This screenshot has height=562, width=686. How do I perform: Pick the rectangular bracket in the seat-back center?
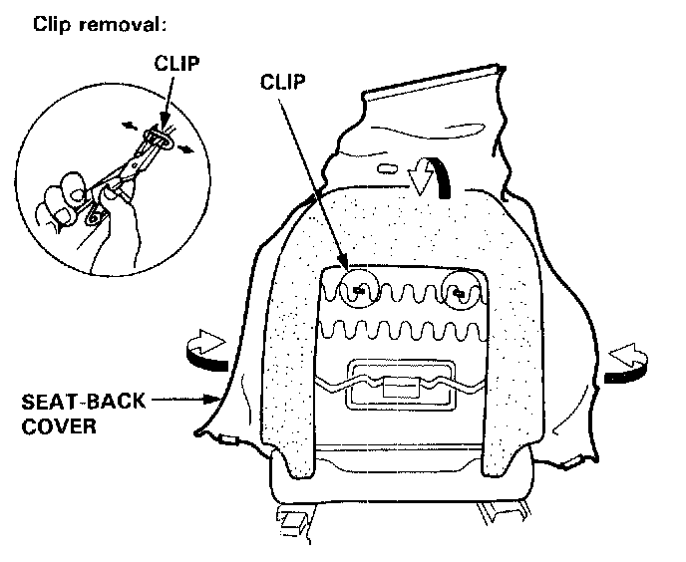coord(397,390)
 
